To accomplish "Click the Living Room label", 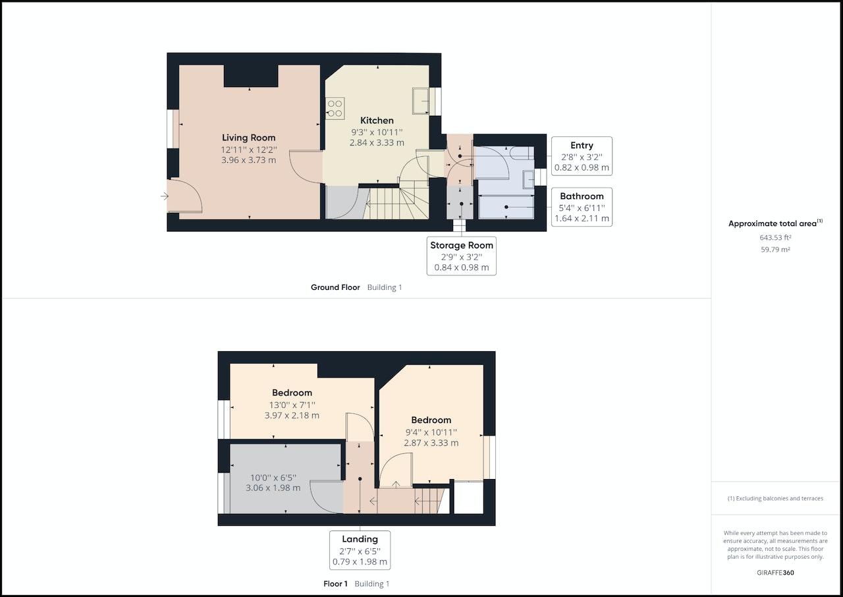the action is [248, 138].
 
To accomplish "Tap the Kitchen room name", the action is [377, 121].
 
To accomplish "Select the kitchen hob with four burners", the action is [335, 109].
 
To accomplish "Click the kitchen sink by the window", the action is [421, 101].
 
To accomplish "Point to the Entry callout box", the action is [582, 156].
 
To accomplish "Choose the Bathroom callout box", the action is [582, 207].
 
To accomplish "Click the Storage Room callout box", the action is [462, 256].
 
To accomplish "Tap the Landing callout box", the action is [360, 550].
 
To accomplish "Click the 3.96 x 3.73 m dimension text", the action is [248, 160].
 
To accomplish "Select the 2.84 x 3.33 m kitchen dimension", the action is [377, 143].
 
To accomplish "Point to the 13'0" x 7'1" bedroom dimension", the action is [292, 405].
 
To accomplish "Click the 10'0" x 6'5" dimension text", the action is [273, 478].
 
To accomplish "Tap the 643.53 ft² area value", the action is [775, 237].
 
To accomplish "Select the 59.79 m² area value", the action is [775, 249].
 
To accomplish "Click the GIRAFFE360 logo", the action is [775, 573].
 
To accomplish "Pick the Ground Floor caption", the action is [335, 287].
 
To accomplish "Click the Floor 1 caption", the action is [335, 584].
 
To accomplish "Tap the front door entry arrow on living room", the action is [165, 196].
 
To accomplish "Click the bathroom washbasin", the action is [528, 179].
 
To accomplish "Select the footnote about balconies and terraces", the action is [775, 498].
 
